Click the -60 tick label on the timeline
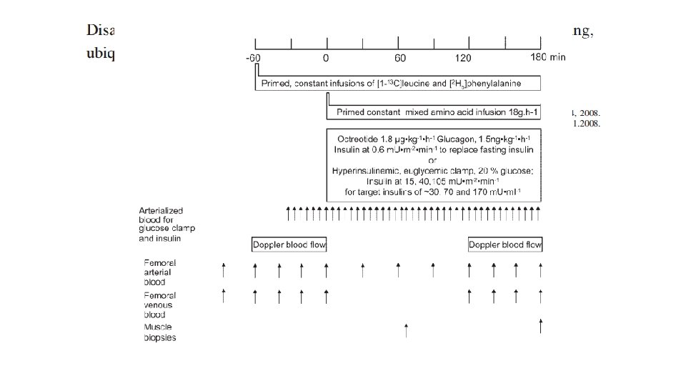(x=253, y=57)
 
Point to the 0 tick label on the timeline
(x=326, y=57)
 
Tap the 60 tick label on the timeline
(x=400, y=57)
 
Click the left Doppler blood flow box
(x=289, y=244)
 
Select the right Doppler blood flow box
(x=505, y=244)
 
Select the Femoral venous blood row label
(x=160, y=305)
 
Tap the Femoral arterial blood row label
(x=160, y=272)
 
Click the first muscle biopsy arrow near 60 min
(x=406, y=330)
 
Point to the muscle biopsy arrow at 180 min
(x=540, y=325)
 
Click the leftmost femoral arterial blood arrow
(x=224, y=270)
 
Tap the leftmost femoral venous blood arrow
(x=224, y=296)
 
